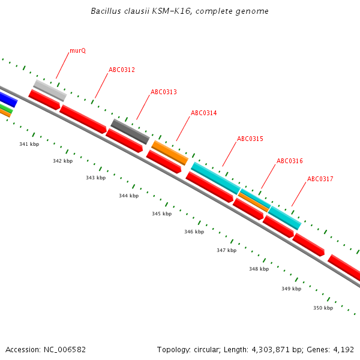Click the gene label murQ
point(77,51)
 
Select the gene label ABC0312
point(122,70)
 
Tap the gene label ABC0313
point(163,92)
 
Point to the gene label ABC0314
point(203,113)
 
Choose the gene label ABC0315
point(250,139)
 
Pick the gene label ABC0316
point(289,161)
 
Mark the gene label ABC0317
point(320,179)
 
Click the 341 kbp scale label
point(29,145)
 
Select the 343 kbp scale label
point(95,178)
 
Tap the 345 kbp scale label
point(161,214)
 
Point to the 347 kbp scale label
point(226,251)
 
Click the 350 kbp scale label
point(323,308)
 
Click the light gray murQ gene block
point(50,91)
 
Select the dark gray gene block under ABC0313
point(130,131)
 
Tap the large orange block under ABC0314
point(170,152)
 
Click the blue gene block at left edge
point(8,99)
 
